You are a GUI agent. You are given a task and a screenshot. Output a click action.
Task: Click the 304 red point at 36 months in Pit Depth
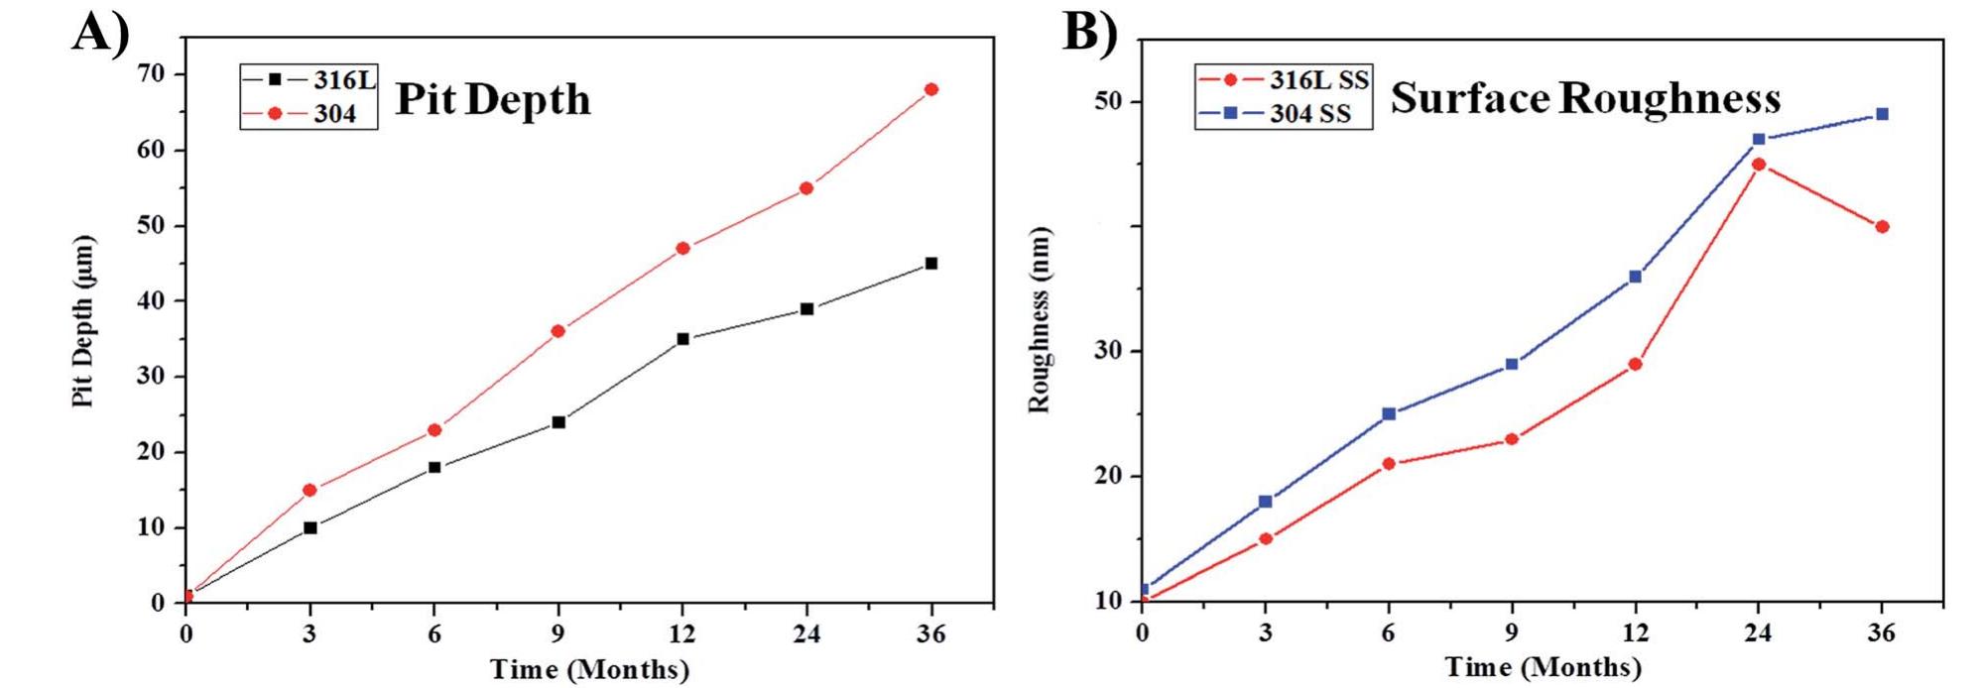(x=930, y=90)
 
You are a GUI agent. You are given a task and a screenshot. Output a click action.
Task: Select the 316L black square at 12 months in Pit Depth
(x=682, y=339)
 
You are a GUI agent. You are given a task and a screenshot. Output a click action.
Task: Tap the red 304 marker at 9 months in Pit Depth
(x=558, y=331)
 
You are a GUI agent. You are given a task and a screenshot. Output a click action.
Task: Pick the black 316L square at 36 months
(x=930, y=264)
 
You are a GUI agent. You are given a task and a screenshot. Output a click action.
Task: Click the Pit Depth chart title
(x=493, y=100)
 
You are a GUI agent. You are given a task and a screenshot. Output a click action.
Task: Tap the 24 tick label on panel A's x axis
(x=806, y=633)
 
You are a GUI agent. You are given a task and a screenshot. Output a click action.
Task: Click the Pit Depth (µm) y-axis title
(x=83, y=321)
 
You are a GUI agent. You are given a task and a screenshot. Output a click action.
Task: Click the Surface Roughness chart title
(x=1584, y=98)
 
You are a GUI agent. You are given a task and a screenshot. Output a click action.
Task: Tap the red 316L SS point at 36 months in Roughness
(x=1882, y=227)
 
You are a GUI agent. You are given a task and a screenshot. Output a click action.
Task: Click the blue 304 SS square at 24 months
(x=1759, y=140)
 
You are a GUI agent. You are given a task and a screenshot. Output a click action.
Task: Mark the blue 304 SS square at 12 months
(x=1635, y=277)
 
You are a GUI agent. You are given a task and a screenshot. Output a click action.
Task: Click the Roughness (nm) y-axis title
(x=1039, y=321)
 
